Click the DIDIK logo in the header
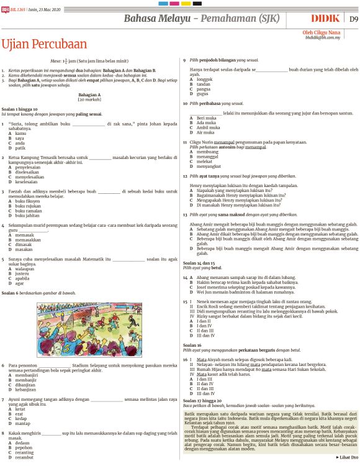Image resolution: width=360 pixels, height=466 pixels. pyautogui.click(x=325, y=19)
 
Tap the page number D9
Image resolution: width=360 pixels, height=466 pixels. pyautogui.click(x=353, y=19)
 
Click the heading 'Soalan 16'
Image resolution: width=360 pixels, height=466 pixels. pyautogui.click(x=192, y=344)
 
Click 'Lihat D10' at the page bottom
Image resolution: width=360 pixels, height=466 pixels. pyautogui.click(x=346, y=457)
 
